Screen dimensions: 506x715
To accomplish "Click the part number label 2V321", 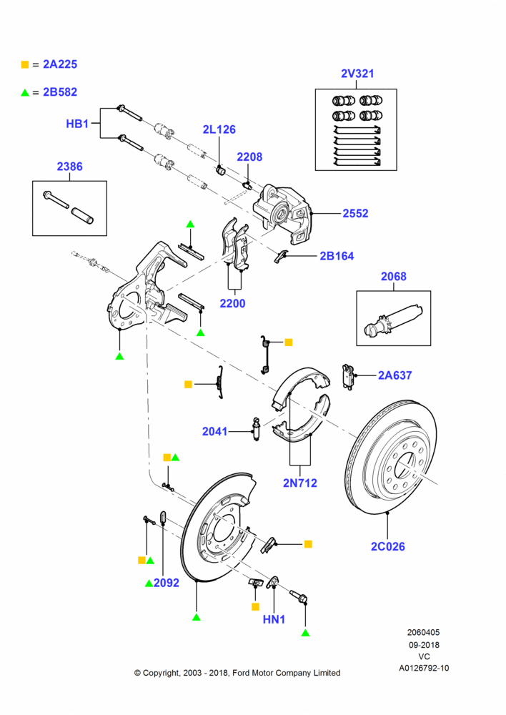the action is coord(357,74).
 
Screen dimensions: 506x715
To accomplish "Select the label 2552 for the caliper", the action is coord(355,213).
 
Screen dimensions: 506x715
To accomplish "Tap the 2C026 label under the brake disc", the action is coord(387,546).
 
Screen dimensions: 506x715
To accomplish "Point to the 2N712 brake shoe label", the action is coord(300,483).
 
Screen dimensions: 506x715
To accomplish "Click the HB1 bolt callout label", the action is coord(77,124).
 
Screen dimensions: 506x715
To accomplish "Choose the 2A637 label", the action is coord(395,375).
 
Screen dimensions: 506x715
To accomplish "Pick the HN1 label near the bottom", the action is coord(274,619).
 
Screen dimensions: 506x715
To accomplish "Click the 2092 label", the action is coord(167,583).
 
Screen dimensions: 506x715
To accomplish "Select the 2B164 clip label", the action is coord(337,256).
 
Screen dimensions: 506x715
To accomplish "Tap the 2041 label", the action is coord(214,431).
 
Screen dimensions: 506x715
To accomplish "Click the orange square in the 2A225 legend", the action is coord(25,65).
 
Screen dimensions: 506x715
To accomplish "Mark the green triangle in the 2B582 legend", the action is coord(25,92).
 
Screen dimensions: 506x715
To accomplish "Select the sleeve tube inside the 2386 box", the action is coord(82,215).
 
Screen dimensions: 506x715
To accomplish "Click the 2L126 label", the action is coord(219,129).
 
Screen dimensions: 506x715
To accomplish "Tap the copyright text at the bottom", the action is coord(237,673).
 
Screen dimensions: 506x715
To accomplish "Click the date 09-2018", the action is coord(424,645).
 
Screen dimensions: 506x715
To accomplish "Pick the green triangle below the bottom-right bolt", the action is coord(305,633).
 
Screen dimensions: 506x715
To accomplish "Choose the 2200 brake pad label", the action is coord(232,303).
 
